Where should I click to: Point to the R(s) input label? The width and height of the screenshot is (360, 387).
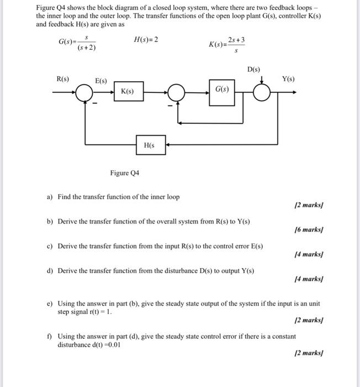pyautogui.click(x=63, y=79)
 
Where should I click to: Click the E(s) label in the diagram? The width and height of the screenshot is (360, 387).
pyautogui.click(x=101, y=81)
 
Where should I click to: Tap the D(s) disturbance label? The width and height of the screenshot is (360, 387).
pyautogui.click(x=253, y=70)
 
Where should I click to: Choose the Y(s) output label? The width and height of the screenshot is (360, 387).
pyautogui.click(x=288, y=79)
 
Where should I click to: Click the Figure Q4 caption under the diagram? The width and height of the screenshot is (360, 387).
pyautogui.click(x=125, y=173)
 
